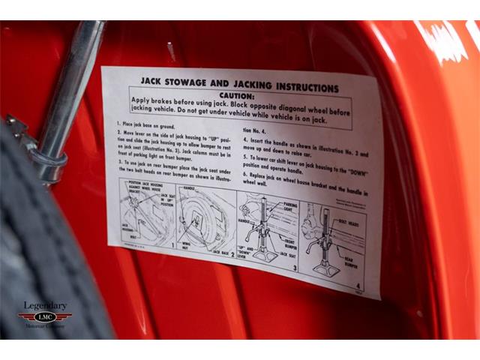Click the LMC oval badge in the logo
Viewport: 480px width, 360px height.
point(44,316)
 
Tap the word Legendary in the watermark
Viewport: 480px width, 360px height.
point(44,306)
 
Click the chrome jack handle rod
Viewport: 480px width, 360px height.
point(71,90)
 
